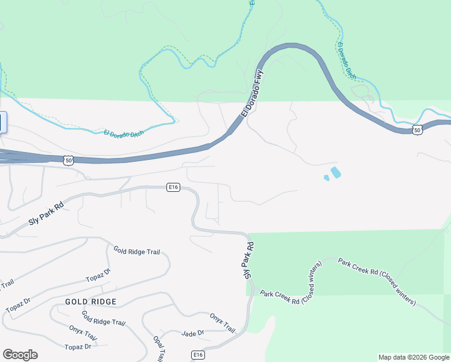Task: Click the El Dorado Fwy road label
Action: (253, 94)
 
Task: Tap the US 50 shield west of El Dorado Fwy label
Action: (68, 159)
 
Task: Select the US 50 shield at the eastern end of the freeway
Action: (417, 129)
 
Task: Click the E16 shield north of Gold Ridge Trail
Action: (174, 188)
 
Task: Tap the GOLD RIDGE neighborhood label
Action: (90, 301)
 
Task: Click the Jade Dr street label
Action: (193, 333)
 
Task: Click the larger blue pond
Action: (335, 173)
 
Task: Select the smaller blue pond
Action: (326, 178)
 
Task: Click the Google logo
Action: (20, 355)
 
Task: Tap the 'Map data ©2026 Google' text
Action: (414, 357)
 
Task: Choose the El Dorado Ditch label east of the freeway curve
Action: (347, 62)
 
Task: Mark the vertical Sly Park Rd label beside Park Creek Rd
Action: (248, 260)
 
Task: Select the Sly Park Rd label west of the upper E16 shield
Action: (45, 214)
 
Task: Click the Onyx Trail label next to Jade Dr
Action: (222, 322)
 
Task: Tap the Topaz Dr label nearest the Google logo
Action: (78, 346)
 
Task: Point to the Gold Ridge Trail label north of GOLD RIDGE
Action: (136, 251)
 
